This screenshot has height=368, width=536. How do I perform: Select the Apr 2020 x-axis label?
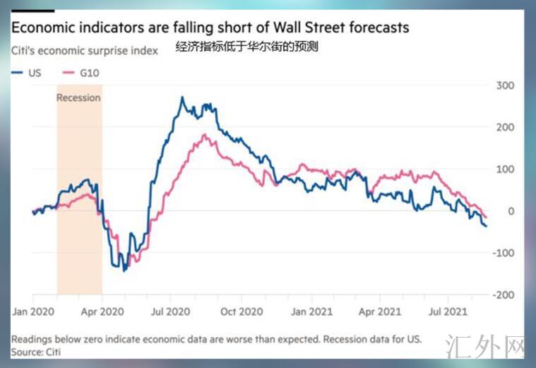103,311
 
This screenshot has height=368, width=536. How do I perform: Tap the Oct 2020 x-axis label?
242,311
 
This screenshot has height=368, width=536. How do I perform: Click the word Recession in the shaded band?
78,97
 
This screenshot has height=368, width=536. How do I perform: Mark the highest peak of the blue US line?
182,97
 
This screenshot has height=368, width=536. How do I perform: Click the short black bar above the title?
32,11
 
